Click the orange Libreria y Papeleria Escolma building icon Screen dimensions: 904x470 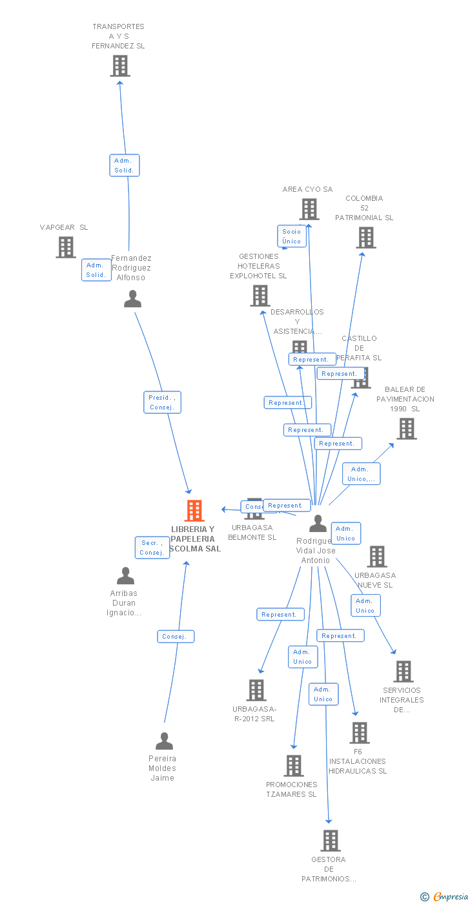click(x=194, y=511)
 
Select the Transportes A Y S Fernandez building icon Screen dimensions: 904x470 click(x=120, y=66)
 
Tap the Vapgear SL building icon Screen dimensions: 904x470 click(x=66, y=247)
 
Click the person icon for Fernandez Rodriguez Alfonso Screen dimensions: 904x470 click(x=132, y=299)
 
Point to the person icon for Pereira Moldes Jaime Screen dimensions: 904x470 click(x=164, y=741)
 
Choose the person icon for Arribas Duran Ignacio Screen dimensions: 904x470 click(x=125, y=575)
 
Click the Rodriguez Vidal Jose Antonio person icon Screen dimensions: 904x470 click(x=318, y=523)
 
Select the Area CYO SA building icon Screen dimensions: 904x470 click(x=309, y=209)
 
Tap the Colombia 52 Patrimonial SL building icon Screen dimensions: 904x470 click(x=366, y=238)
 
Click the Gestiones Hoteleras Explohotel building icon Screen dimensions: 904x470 click(x=260, y=296)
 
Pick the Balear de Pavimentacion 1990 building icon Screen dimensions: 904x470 click(x=407, y=429)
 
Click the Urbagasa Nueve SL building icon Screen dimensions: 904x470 click(x=377, y=557)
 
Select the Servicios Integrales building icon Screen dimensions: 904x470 click(x=404, y=672)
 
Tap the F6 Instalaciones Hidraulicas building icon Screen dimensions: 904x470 click(x=360, y=733)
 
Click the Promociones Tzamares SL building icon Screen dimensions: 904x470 click(x=294, y=766)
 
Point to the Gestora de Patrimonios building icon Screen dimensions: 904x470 click(x=331, y=841)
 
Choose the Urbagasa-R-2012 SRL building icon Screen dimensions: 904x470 click(x=256, y=690)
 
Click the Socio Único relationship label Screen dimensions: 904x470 click(x=292, y=236)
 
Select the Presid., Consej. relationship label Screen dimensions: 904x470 click(x=162, y=402)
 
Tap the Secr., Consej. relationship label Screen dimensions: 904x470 click(x=152, y=548)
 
